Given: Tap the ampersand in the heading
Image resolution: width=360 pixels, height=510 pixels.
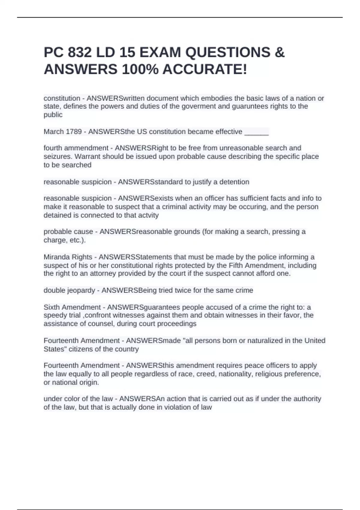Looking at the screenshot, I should pos(279,52).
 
